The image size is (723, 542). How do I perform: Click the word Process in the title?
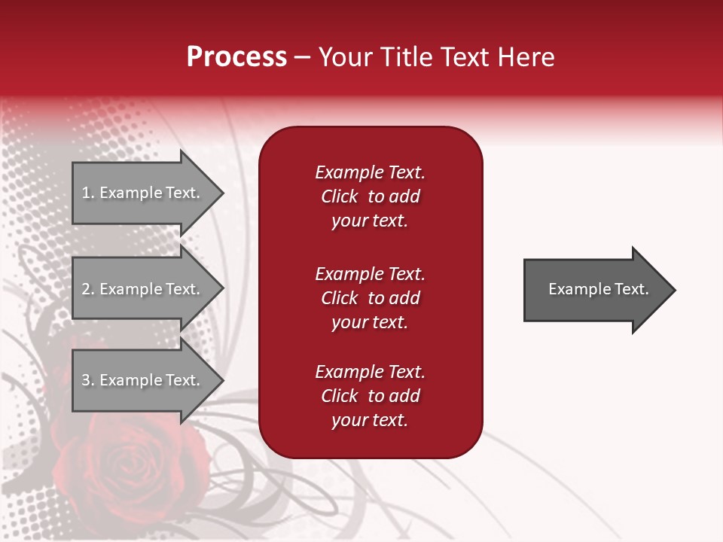pos(236,57)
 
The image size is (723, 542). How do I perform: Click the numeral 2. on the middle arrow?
pos(88,289)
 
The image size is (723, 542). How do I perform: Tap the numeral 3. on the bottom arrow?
pos(88,380)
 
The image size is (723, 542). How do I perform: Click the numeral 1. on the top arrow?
pos(88,193)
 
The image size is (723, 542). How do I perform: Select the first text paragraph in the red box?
pos(370,196)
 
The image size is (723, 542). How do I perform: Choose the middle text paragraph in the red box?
pos(370,298)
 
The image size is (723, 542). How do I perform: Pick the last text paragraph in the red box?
pos(370,396)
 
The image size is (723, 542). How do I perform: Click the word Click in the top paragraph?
pos(339,196)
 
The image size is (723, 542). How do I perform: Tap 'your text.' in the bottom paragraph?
pos(370,420)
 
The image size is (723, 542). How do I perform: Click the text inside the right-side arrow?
pos(598,289)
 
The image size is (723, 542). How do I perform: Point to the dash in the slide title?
pos(302,58)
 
